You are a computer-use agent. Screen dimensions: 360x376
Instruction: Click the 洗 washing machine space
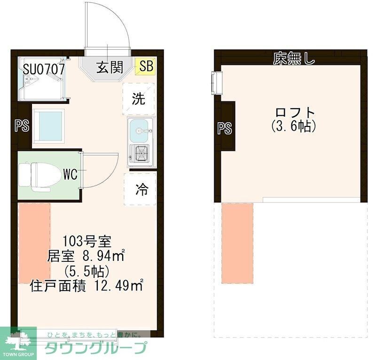138,99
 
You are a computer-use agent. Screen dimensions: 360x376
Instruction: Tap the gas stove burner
141,152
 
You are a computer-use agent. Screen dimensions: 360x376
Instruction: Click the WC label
70,174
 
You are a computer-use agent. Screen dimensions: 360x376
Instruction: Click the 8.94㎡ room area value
104,257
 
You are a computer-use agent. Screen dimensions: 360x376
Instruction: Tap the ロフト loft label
294,113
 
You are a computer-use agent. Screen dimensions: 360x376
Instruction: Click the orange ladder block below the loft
237,243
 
